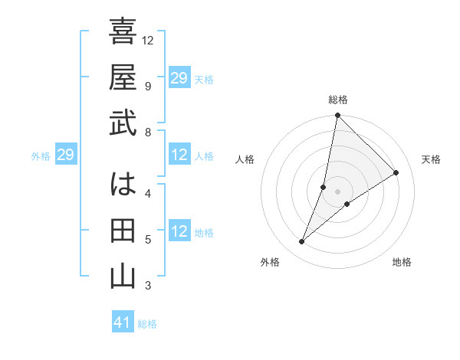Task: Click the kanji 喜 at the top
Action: [123, 32]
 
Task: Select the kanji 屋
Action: [123, 78]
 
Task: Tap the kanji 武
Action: [123, 124]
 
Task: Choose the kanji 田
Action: [123, 231]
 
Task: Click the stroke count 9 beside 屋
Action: [147, 86]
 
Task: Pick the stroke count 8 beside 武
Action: [147, 133]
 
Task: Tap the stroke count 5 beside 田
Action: [147, 240]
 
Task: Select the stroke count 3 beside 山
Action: [147, 286]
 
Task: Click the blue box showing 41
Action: [123, 322]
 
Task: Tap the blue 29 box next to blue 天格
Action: [179, 78]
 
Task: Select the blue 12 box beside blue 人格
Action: [179, 155]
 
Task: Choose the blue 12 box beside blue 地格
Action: [179, 231]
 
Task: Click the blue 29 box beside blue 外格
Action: [65, 155]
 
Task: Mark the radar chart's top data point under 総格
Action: [337, 116]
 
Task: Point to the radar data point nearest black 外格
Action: [302, 242]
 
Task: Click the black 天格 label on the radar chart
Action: [432, 159]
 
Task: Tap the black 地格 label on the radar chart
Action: [402, 262]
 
